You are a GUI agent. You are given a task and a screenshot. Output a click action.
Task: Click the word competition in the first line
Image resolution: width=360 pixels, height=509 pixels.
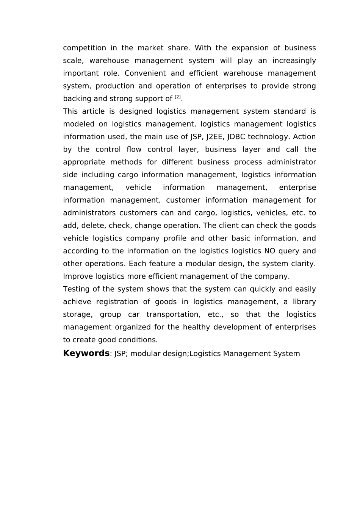[85, 48]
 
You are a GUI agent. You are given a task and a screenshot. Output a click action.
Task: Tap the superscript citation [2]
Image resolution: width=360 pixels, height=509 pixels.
[178, 97]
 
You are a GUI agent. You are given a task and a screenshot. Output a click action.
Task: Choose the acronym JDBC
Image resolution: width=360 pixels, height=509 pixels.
[236, 137]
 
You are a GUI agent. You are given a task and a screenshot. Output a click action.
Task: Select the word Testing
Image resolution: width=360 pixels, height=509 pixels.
[77, 289]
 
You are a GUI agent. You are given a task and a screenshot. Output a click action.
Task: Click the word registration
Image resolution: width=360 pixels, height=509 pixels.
[117, 302]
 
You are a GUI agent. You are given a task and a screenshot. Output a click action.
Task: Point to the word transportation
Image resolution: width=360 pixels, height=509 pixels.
[173, 315]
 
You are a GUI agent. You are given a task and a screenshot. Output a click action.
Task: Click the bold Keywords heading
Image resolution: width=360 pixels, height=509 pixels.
[86, 353]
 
